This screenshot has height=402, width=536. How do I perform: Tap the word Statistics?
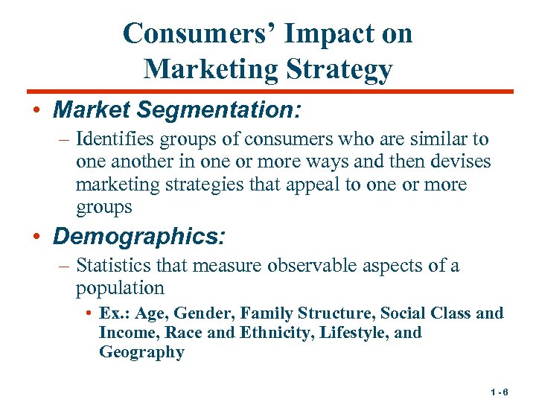(x=115, y=265)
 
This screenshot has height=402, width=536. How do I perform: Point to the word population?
(x=119, y=287)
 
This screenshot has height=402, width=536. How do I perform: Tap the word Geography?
(x=141, y=352)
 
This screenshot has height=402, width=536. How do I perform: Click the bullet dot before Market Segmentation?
(x=36, y=112)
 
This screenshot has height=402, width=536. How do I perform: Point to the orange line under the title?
(x=268, y=92)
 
